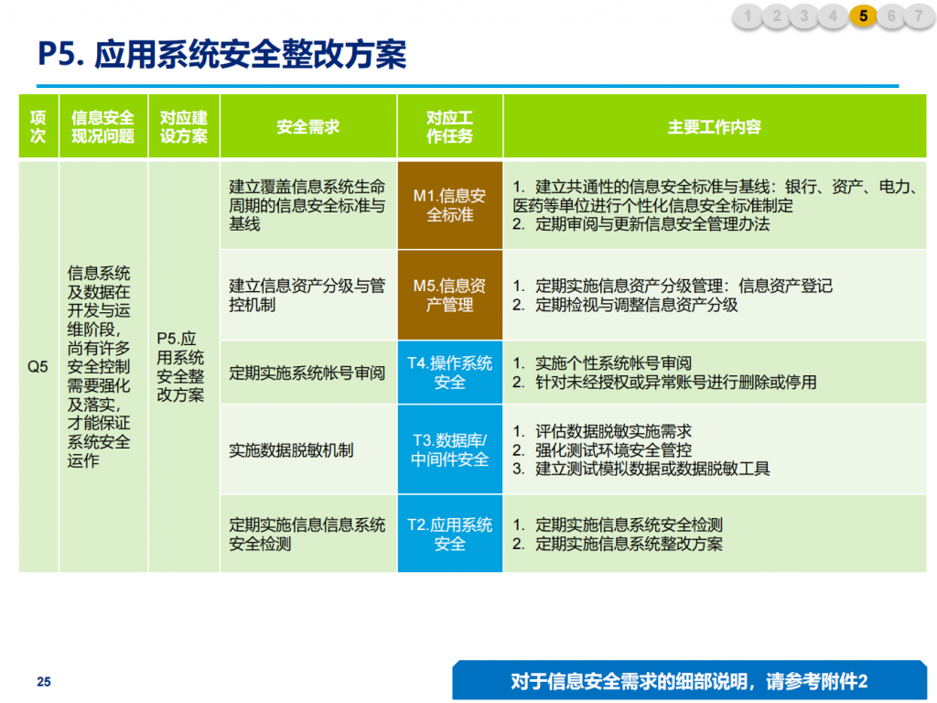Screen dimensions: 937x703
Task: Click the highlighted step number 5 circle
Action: pyautogui.click(x=863, y=16)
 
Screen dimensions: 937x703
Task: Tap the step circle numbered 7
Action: pyautogui.click(x=920, y=16)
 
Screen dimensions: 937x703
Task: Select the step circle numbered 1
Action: pyautogui.click(x=748, y=16)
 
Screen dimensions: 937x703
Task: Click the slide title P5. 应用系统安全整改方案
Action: pyautogui.click(x=221, y=54)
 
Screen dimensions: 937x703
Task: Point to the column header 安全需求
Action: pyautogui.click(x=307, y=126)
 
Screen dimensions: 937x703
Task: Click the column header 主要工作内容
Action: pyautogui.click(x=714, y=126)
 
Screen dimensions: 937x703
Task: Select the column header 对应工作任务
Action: pyautogui.click(x=449, y=126)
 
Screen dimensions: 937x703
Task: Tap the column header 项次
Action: pyautogui.click(x=38, y=126)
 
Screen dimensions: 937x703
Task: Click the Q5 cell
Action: pyautogui.click(x=38, y=366)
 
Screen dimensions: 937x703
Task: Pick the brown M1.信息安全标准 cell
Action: pyautogui.click(x=450, y=205)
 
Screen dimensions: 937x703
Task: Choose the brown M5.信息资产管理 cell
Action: pyautogui.click(x=450, y=296)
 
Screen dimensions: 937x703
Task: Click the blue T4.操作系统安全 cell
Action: pyautogui.click(x=450, y=373)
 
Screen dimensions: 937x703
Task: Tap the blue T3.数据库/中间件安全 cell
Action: pyautogui.click(x=450, y=449)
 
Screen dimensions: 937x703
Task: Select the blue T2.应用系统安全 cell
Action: pyautogui.click(x=450, y=534)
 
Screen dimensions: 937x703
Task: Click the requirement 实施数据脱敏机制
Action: pyautogui.click(x=291, y=450)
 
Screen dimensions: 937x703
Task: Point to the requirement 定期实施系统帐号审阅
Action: pyautogui.click(x=307, y=373)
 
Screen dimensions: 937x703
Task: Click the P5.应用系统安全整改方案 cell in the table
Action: pyautogui.click(x=180, y=366)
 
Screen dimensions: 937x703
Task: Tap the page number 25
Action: pyautogui.click(x=44, y=681)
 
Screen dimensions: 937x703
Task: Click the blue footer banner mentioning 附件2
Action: pyautogui.click(x=690, y=680)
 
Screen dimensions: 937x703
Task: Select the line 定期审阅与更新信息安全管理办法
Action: pyautogui.click(x=641, y=224)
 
